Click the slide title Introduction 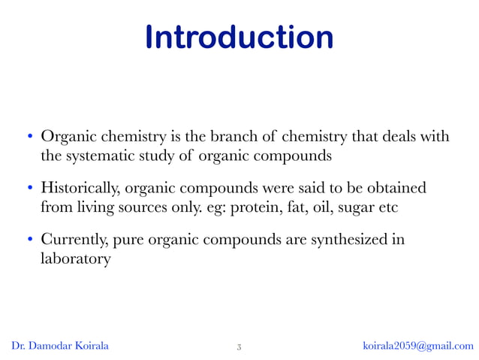pos(239,38)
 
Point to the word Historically pos(81,186)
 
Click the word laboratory pos(75,259)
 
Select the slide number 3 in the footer pos(239,346)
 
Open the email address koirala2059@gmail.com pos(418,346)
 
